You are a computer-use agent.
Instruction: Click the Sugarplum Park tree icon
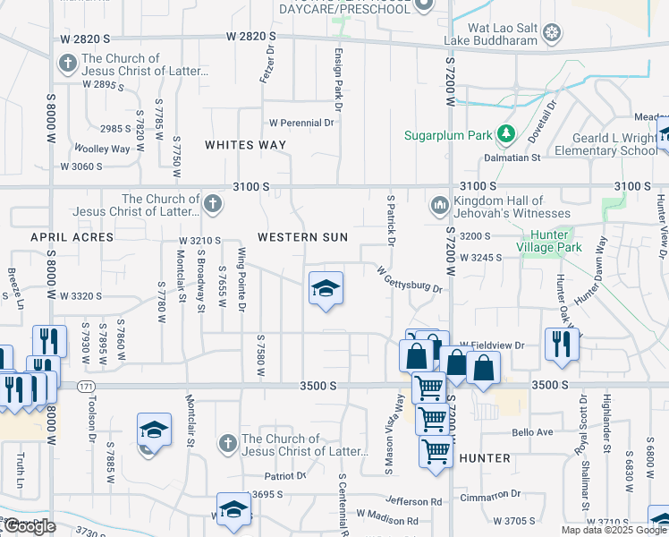point(506,133)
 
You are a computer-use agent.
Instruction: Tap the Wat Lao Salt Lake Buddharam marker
point(554,34)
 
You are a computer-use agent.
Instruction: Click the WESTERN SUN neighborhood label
point(296,237)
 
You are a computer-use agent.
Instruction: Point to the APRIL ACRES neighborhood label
point(72,237)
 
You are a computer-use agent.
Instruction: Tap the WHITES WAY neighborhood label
point(245,144)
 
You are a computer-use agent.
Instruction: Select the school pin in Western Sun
point(326,288)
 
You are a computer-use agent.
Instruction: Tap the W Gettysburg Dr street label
point(410,279)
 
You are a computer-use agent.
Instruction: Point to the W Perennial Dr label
point(301,123)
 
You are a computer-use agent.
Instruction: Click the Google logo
point(29,526)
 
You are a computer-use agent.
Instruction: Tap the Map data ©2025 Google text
point(614,530)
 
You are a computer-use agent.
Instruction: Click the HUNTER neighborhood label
point(484,458)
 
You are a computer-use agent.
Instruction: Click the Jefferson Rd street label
point(413,501)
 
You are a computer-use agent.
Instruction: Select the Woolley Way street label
point(102,149)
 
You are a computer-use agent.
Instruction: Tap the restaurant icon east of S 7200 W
point(561,344)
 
